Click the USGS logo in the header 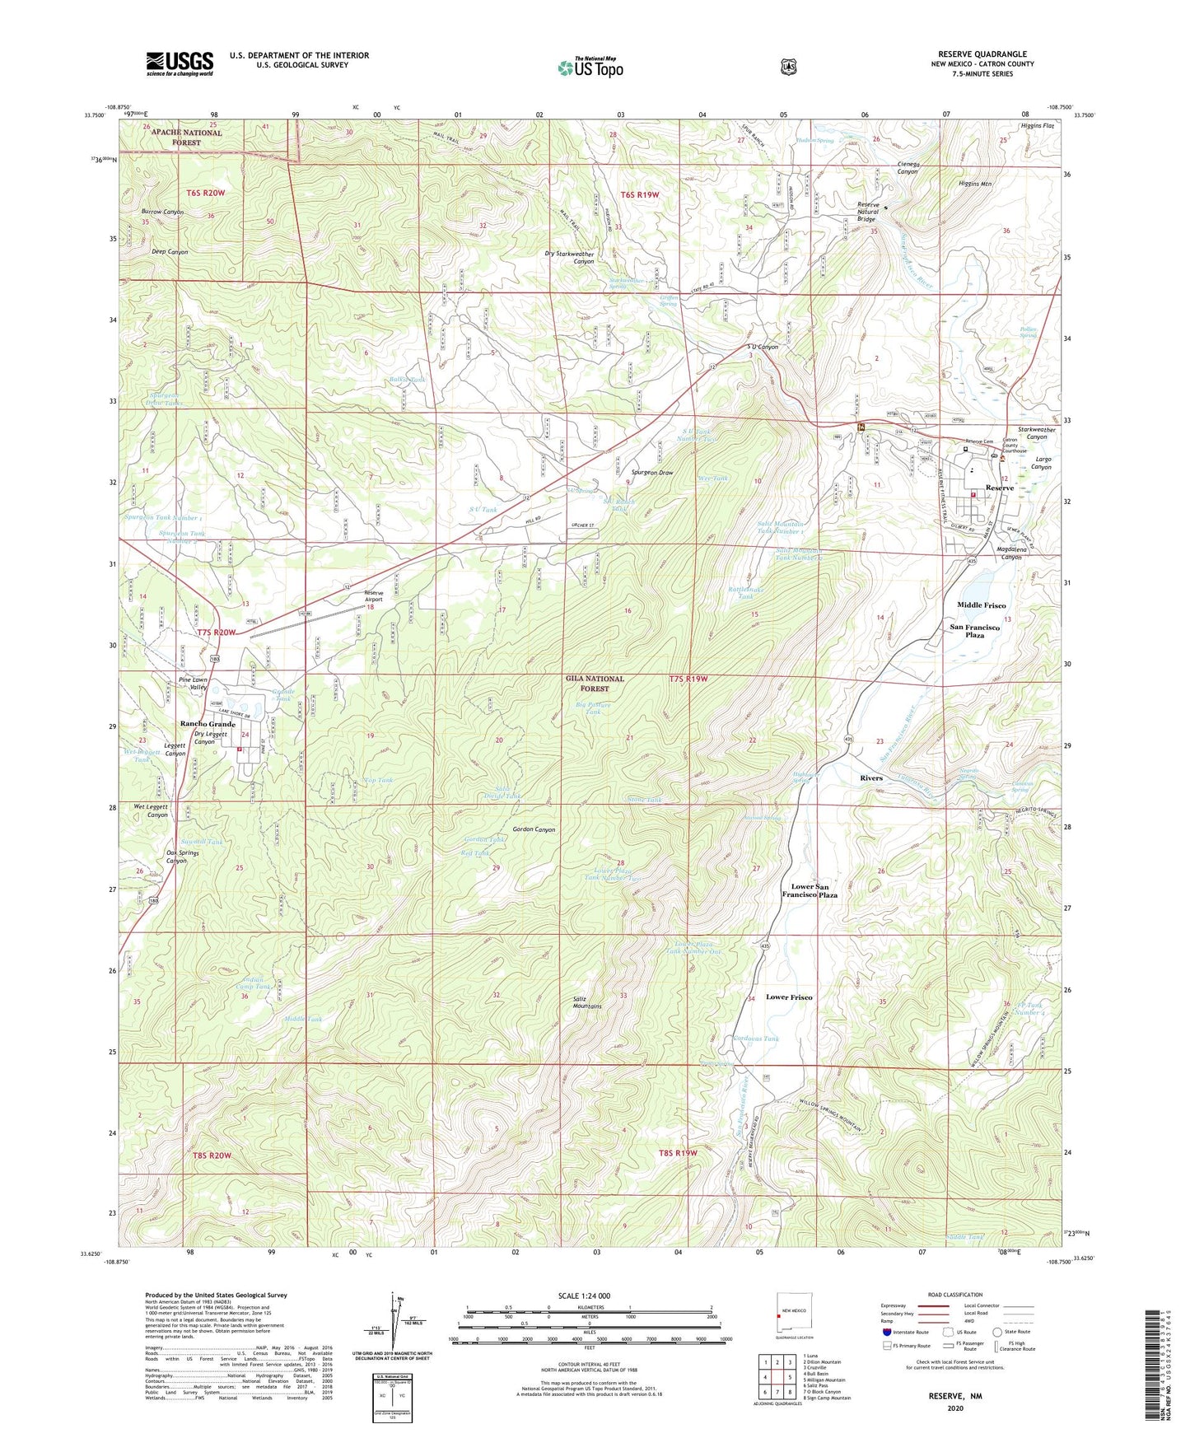[x=180, y=63]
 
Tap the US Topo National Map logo [x=590, y=68]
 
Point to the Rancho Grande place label [x=208, y=724]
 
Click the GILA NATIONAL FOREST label [x=595, y=683]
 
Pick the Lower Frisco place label [x=789, y=997]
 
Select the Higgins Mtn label [x=975, y=184]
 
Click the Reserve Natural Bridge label [x=868, y=212]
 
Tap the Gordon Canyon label [x=534, y=829]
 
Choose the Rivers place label [x=870, y=777]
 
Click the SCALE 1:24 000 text [x=584, y=1296]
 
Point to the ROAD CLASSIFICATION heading [x=955, y=1295]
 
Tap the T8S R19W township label [x=674, y=1152]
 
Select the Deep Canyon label [x=170, y=252]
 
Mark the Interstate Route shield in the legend [x=887, y=1332]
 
